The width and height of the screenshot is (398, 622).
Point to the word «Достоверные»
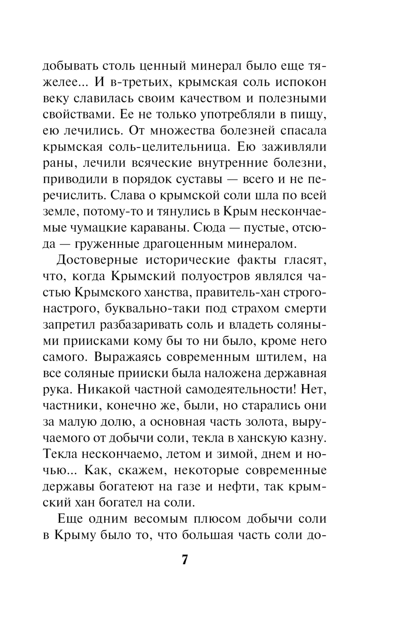click(97, 260)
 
